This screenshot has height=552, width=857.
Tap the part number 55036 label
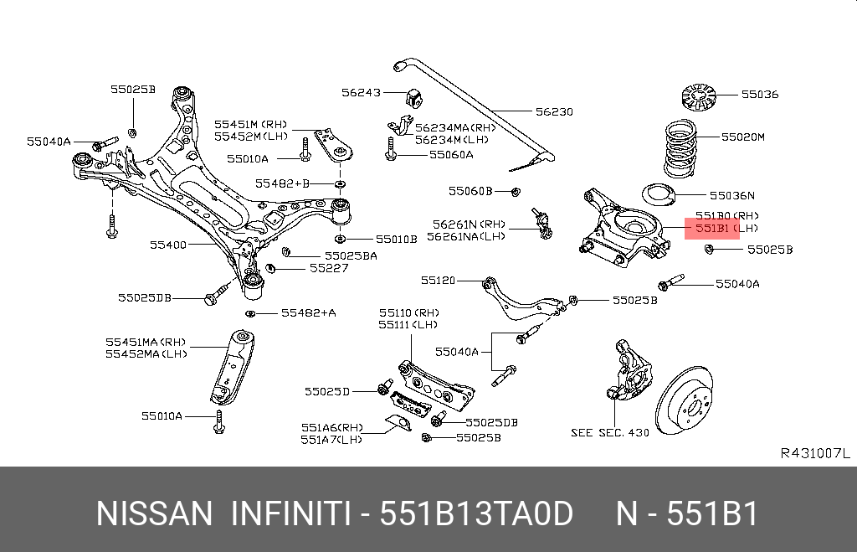(x=759, y=94)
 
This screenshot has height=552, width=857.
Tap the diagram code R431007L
(x=814, y=453)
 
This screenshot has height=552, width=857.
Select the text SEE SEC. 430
(x=609, y=433)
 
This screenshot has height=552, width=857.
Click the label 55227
(x=328, y=268)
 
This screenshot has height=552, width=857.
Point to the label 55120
(x=438, y=281)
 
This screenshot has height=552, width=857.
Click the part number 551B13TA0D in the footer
(x=476, y=513)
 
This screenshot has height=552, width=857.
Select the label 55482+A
(x=308, y=312)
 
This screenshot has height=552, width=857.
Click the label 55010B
(x=396, y=239)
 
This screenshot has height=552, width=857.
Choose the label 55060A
(x=451, y=154)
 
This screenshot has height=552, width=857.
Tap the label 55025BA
(x=351, y=255)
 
